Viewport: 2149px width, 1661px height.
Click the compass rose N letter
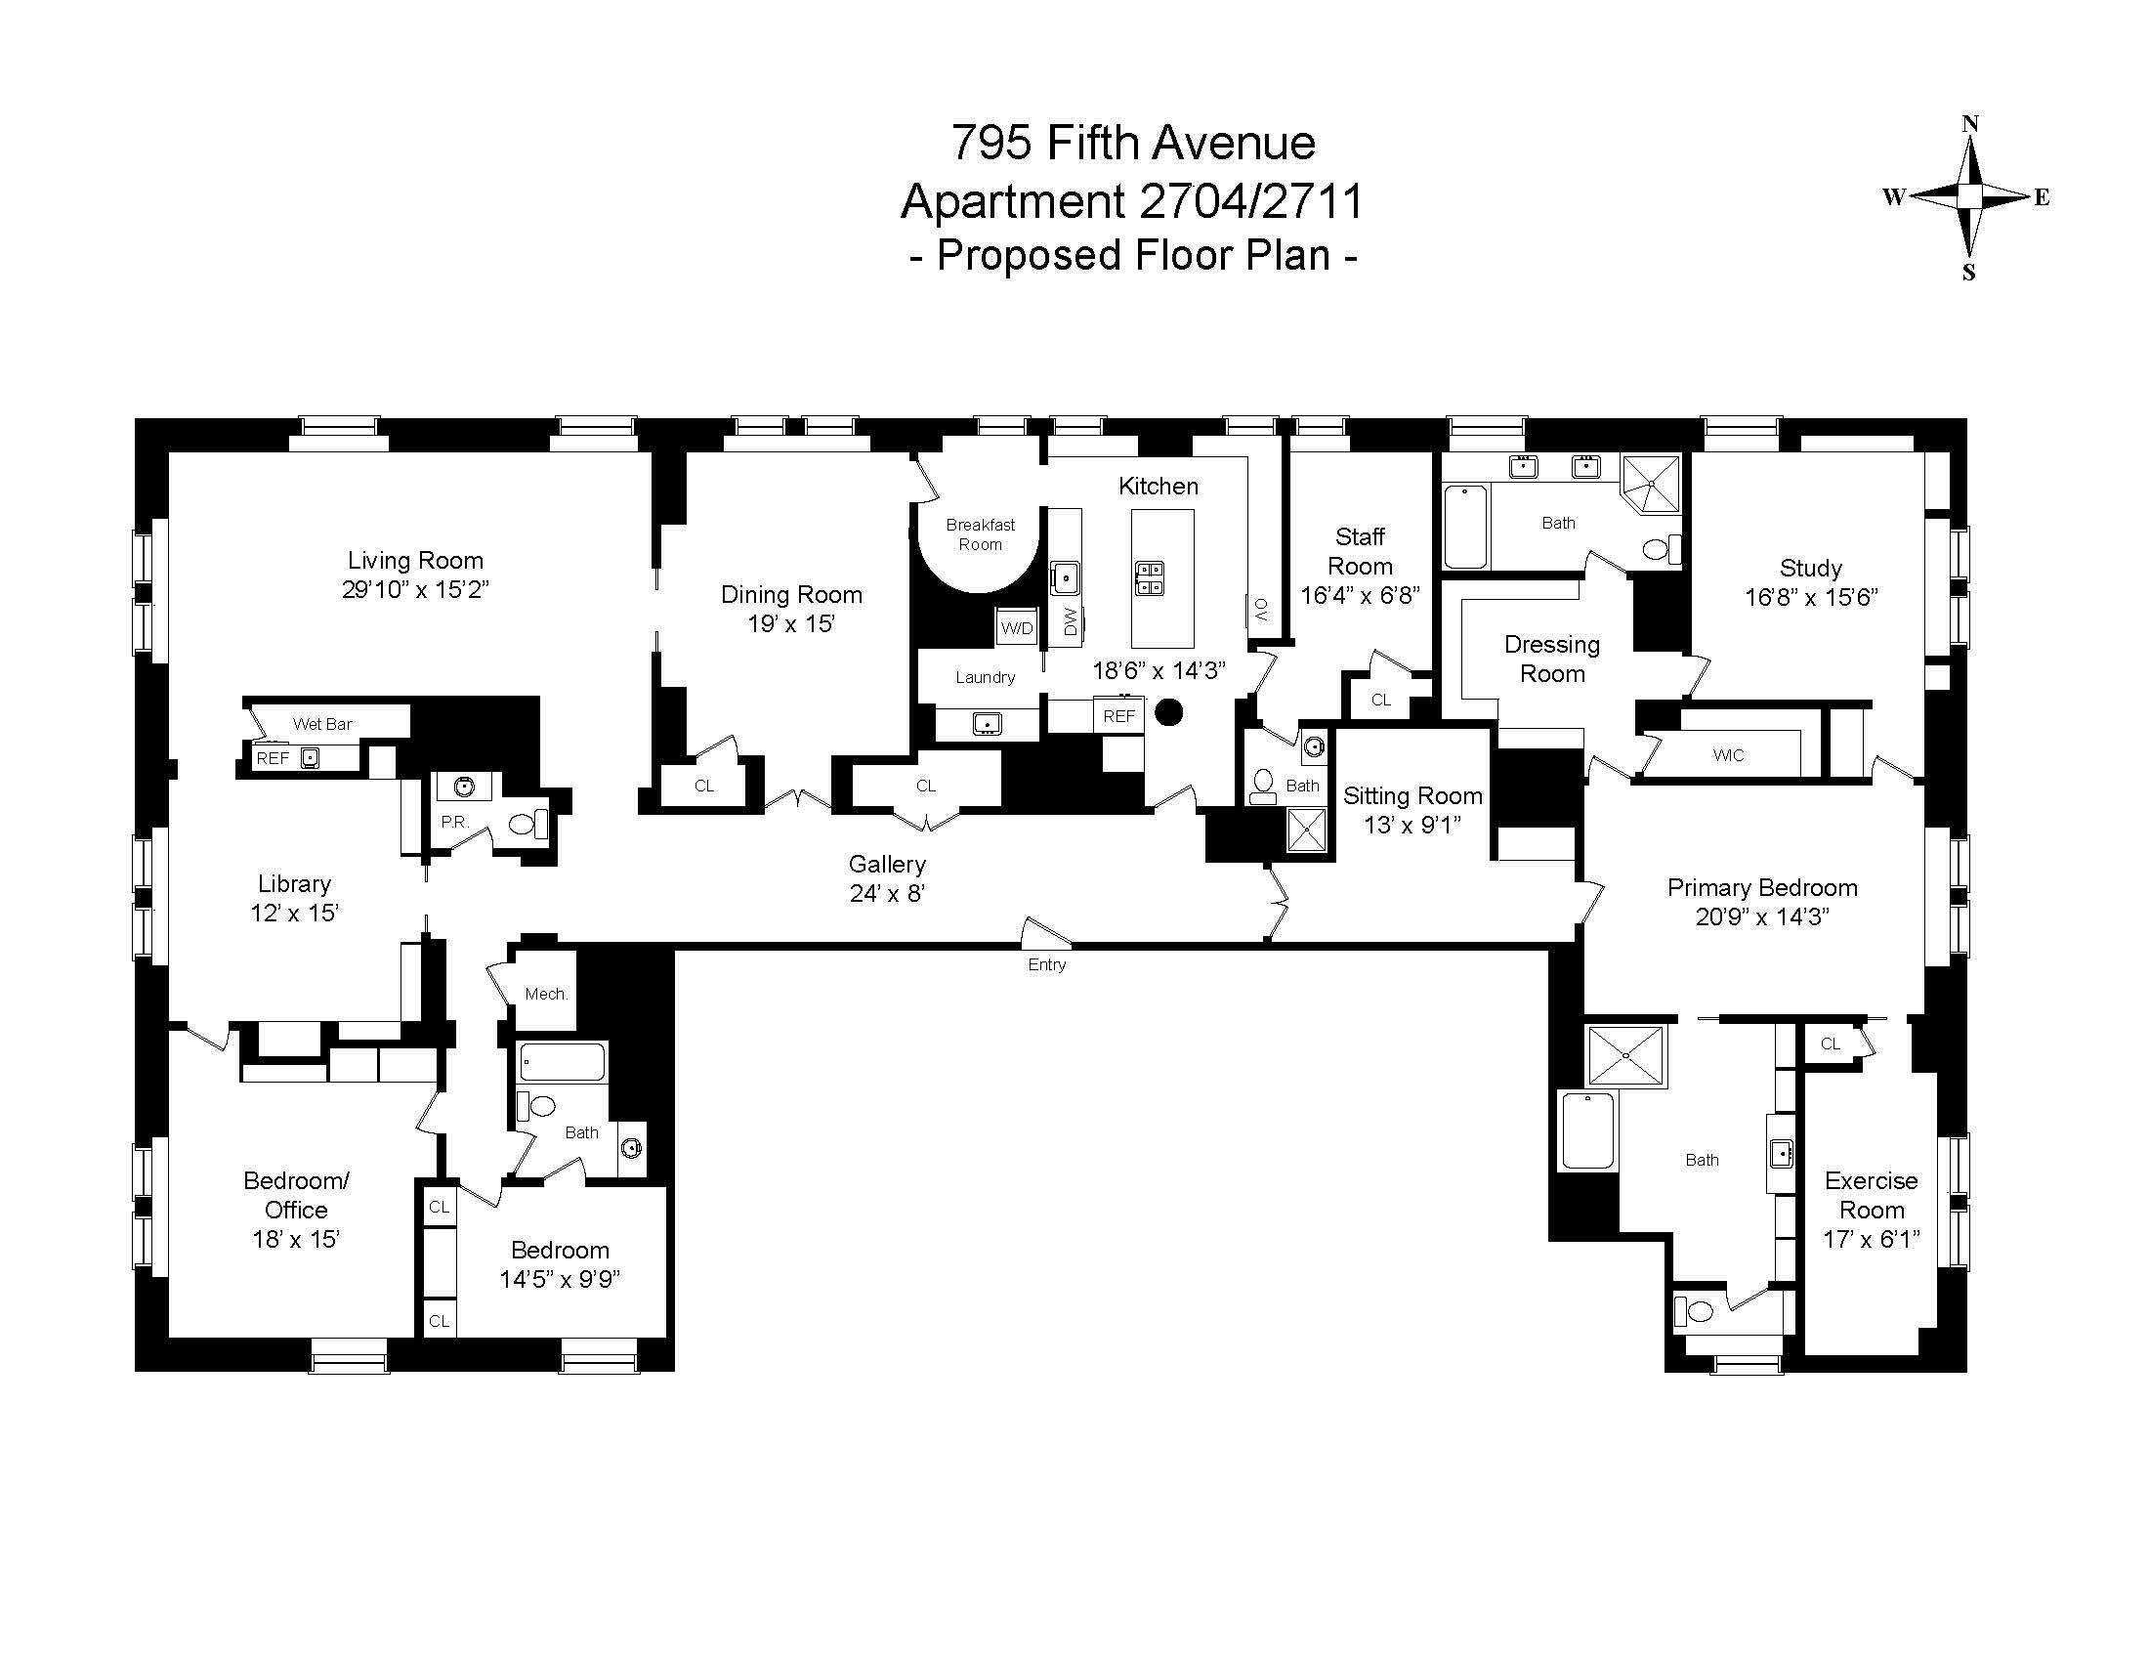click(1970, 125)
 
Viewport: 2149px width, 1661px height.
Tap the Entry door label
click(1046, 964)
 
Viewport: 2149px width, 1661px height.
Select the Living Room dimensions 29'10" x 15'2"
click(415, 589)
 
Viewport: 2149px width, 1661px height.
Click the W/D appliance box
click(1017, 628)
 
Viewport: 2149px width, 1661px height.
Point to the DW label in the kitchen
click(1071, 620)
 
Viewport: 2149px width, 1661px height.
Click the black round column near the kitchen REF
click(1168, 712)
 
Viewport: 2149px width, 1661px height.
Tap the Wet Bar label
click(321, 724)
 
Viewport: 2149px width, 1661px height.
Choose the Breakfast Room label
click(980, 534)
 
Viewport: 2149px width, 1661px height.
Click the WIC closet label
click(1728, 754)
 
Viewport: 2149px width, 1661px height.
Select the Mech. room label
click(546, 994)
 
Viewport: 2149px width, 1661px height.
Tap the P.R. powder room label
click(454, 821)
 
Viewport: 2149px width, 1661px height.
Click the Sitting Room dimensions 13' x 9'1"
click(1412, 825)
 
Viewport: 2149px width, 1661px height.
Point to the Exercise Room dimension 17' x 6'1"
click(1871, 1239)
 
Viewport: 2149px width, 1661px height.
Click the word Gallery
click(887, 864)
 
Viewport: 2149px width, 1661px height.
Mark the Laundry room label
click(985, 677)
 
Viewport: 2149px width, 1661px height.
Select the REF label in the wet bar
click(273, 758)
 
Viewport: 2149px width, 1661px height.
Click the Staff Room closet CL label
click(1381, 700)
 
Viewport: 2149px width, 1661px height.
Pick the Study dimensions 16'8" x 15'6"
click(1810, 597)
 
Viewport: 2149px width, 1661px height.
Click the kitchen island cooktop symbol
click(1150, 577)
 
